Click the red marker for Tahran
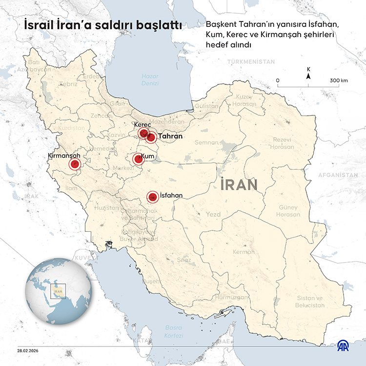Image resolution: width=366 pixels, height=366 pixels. tap(151, 137)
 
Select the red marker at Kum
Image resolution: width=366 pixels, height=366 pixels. tap(138, 159)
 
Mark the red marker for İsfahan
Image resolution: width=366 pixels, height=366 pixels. tap(152, 197)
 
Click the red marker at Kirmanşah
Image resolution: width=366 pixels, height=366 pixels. tap(75, 165)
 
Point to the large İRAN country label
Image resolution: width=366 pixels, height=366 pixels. tap(239, 185)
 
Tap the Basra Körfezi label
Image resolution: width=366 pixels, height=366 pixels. tap(174, 331)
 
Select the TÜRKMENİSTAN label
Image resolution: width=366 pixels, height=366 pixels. tap(251, 62)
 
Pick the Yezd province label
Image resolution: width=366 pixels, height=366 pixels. tap(213, 214)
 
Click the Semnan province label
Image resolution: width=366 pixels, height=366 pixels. tap(206, 142)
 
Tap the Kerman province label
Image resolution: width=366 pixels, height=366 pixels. tap(244, 252)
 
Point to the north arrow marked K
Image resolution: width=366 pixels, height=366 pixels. tap(308, 74)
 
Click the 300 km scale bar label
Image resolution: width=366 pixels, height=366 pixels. tap(338, 81)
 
